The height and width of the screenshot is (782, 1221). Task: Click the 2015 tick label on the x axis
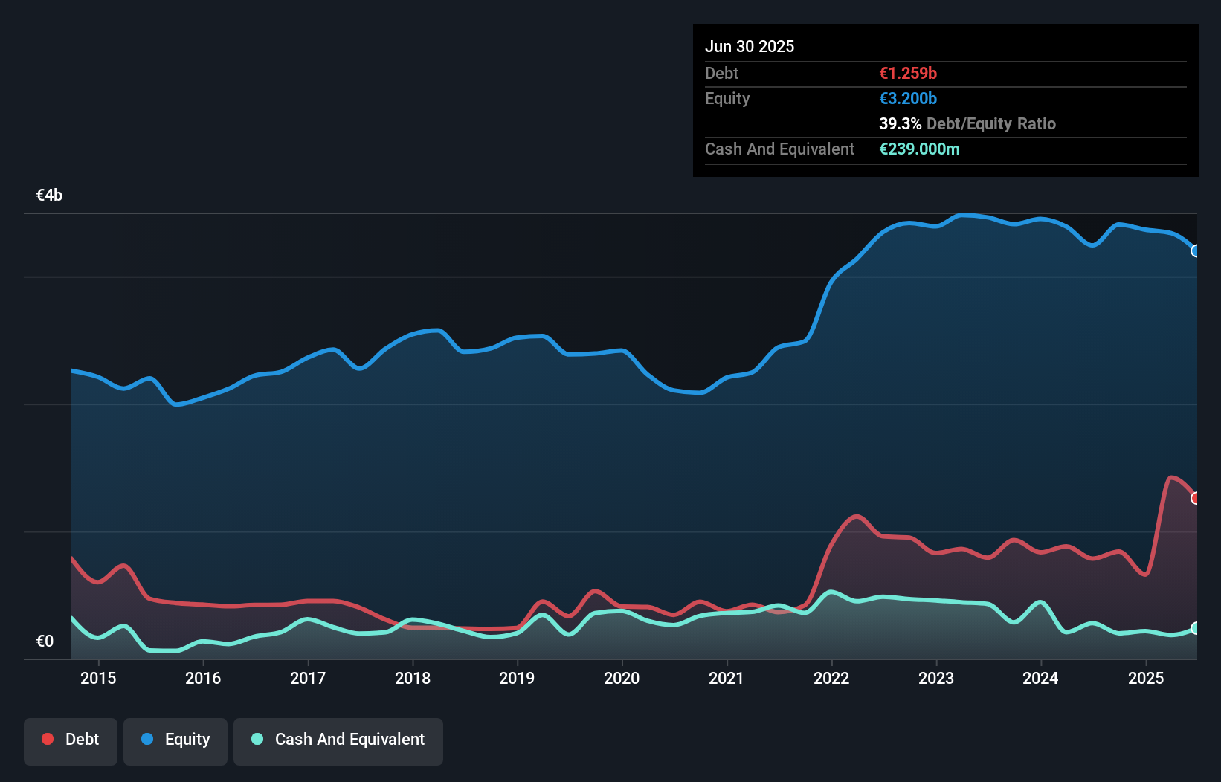(x=98, y=678)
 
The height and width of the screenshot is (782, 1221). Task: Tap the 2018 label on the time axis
(x=413, y=678)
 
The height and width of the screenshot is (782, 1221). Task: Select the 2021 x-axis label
(x=727, y=678)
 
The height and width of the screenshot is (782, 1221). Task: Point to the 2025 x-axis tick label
(x=1146, y=678)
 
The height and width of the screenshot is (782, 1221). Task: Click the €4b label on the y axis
(x=50, y=195)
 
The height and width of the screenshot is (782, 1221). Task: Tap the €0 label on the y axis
(x=45, y=641)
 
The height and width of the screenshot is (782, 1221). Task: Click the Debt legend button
(x=71, y=740)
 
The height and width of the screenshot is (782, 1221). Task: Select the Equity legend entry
(x=175, y=740)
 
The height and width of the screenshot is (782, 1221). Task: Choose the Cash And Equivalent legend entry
(x=338, y=740)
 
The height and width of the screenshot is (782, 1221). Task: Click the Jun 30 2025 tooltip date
(x=750, y=46)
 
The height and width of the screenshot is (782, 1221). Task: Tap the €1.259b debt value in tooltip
(x=908, y=73)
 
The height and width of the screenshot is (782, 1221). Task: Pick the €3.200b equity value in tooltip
(x=908, y=98)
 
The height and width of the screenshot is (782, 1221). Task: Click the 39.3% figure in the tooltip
(x=900, y=123)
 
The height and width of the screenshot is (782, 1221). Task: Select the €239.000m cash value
(x=919, y=149)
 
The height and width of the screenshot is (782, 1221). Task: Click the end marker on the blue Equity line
(x=1196, y=251)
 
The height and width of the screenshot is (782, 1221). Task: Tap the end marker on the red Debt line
(x=1196, y=498)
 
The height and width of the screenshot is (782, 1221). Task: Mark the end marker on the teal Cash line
(x=1196, y=628)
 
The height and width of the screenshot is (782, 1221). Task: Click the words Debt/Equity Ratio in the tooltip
(x=991, y=123)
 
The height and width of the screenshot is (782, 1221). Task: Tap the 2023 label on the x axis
(x=936, y=678)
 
